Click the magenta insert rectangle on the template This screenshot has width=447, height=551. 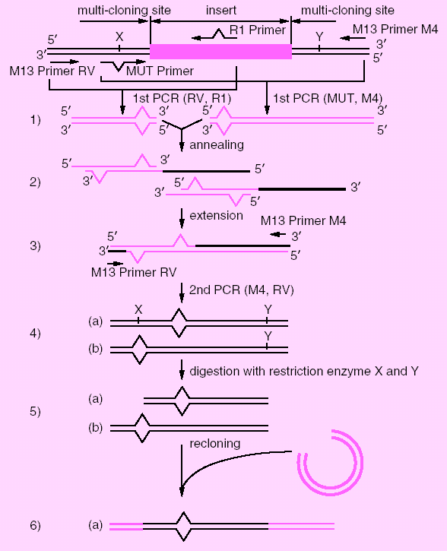click(x=220, y=52)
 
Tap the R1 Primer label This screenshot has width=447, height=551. click(x=258, y=30)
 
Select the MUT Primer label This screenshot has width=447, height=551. click(x=160, y=71)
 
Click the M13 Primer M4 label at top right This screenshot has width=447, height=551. click(x=395, y=29)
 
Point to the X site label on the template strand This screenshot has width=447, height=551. click(x=119, y=36)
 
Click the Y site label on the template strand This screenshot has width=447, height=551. click(x=319, y=36)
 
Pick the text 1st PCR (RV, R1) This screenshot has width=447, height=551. click(x=182, y=98)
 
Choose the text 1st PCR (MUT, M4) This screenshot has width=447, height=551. click(x=328, y=98)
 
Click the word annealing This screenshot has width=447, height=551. click(x=217, y=144)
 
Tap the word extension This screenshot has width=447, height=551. click(x=216, y=215)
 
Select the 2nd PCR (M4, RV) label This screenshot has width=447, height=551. click(x=242, y=290)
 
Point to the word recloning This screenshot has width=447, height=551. click(x=215, y=444)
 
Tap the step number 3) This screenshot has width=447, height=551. click(x=35, y=245)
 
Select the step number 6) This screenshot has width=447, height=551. click(x=35, y=525)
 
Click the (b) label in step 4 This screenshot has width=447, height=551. click(x=95, y=348)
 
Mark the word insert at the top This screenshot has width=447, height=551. click(x=221, y=10)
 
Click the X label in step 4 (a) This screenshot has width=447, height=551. click(x=138, y=309)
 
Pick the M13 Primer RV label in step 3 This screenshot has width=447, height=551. click(x=134, y=272)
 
